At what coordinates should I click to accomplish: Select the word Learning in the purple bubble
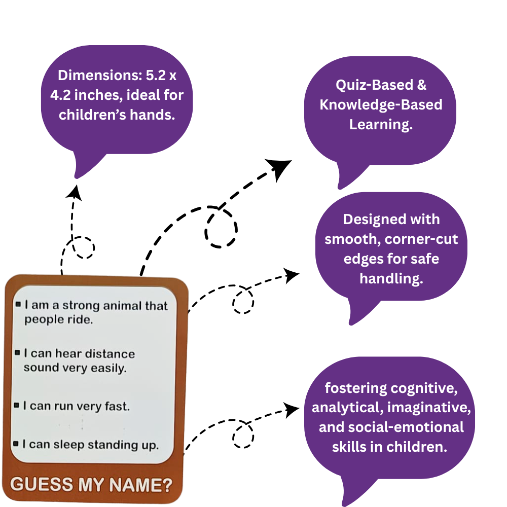click(380, 124)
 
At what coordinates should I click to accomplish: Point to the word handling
click(391, 278)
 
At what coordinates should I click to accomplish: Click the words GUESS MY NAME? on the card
click(91, 485)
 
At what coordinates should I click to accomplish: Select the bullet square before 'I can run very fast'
click(17, 405)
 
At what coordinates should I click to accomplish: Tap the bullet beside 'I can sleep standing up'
click(17, 444)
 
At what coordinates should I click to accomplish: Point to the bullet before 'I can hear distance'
click(18, 352)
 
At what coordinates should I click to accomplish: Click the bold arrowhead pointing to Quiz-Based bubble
click(280, 167)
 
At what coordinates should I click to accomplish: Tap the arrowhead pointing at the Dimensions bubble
click(75, 192)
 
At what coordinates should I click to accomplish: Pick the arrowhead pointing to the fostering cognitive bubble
click(291, 409)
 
